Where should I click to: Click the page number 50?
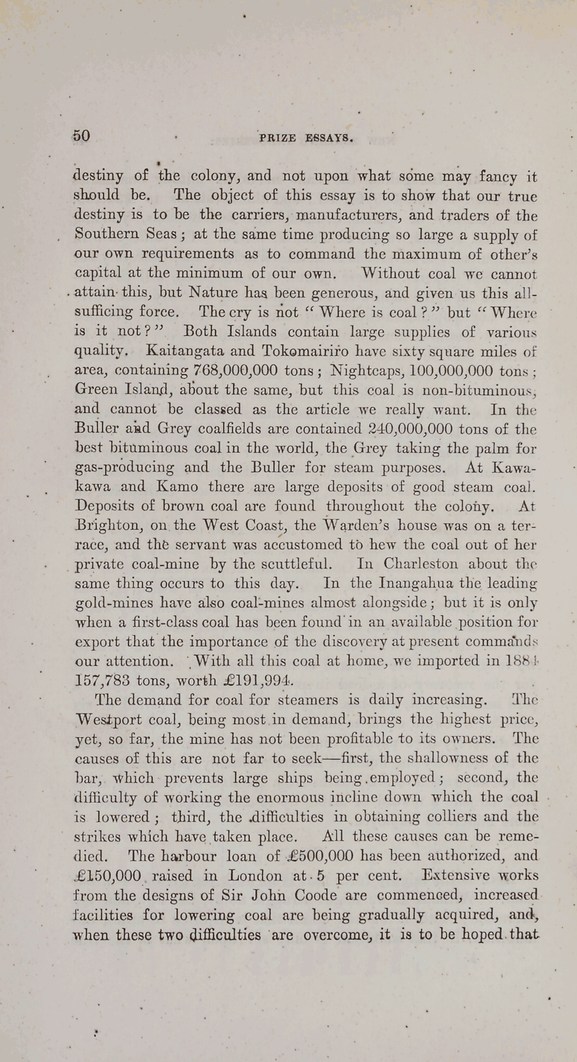point(82,136)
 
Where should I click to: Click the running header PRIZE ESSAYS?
point(306,138)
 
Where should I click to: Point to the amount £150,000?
point(107,875)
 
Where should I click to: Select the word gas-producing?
point(124,468)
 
